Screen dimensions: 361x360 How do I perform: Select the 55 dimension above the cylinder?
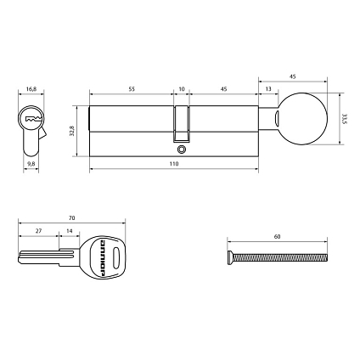coord(132,88)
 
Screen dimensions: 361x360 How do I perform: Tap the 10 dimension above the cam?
coord(181,88)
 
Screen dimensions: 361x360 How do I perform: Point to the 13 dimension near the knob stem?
coord(268,88)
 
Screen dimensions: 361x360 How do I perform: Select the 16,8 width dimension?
coord(31,87)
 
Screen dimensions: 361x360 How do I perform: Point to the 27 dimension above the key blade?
coord(38,231)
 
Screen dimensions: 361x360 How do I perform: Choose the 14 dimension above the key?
coord(68,231)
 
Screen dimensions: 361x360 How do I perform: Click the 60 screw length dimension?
coord(277,238)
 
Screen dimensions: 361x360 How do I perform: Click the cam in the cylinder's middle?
coord(181,123)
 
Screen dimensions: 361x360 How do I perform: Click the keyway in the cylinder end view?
coord(32,120)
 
